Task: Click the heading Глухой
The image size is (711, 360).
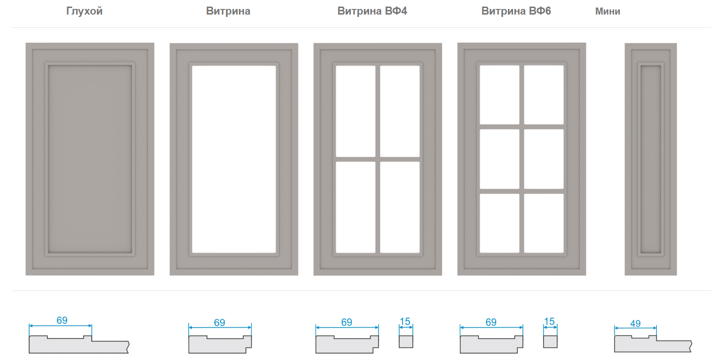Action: pos(84,11)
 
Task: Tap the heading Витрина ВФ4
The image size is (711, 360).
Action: pos(372,11)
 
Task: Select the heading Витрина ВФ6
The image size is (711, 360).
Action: pos(516,11)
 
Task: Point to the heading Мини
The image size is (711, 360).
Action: pos(608,11)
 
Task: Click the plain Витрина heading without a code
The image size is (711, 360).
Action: pos(228,11)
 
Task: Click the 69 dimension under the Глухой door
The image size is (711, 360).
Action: pos(62,321)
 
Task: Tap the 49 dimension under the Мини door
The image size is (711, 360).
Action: pos(635,323)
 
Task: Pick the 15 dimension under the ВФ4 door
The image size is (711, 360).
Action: pos(405,321)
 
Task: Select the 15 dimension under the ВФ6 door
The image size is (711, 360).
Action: pos(549,321)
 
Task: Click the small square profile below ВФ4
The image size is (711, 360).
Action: pos(406,342)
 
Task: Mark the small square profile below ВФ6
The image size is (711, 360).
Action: pos(550,342)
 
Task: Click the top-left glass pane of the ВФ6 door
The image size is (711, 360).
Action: pos(499,95)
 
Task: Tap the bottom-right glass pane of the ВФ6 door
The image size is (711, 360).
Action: pos(544,223)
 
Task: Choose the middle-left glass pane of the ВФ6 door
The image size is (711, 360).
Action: pos(499,159)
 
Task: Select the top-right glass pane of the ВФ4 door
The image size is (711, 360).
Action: pos(400,111)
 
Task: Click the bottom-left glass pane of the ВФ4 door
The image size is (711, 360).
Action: pos(355,207)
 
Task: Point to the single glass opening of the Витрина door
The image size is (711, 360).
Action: pos(234,159)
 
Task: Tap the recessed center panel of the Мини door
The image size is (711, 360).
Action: pos(651,159)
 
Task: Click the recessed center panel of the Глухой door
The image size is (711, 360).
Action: pos(90,159)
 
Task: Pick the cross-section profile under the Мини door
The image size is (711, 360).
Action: pos(653,344)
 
